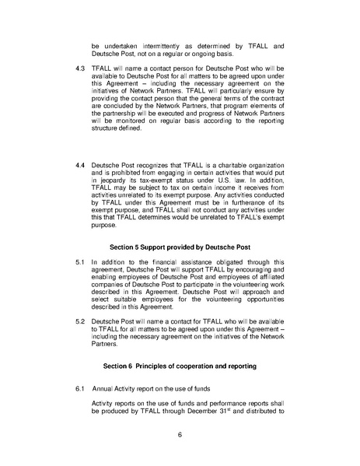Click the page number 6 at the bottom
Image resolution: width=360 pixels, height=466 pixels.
click(180, 434)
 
